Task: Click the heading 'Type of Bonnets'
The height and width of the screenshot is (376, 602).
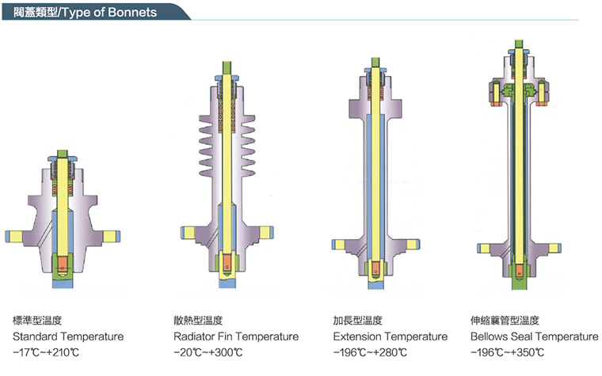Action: [118, 13]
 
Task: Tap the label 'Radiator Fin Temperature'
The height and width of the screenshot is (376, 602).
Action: [236, 336]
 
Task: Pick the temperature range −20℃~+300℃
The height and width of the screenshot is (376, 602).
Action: [208, 352]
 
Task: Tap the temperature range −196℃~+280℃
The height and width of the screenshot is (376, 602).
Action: [371, 352]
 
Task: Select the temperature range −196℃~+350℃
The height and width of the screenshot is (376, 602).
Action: [508, 352]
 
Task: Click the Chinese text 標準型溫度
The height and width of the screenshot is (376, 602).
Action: [37, 321]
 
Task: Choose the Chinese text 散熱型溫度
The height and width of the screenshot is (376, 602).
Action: [198, 321]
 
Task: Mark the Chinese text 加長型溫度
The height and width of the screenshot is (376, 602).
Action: [358, 321]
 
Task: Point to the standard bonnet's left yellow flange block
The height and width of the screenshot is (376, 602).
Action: [15, 235]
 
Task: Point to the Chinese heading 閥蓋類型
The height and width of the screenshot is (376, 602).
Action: [35, 13]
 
